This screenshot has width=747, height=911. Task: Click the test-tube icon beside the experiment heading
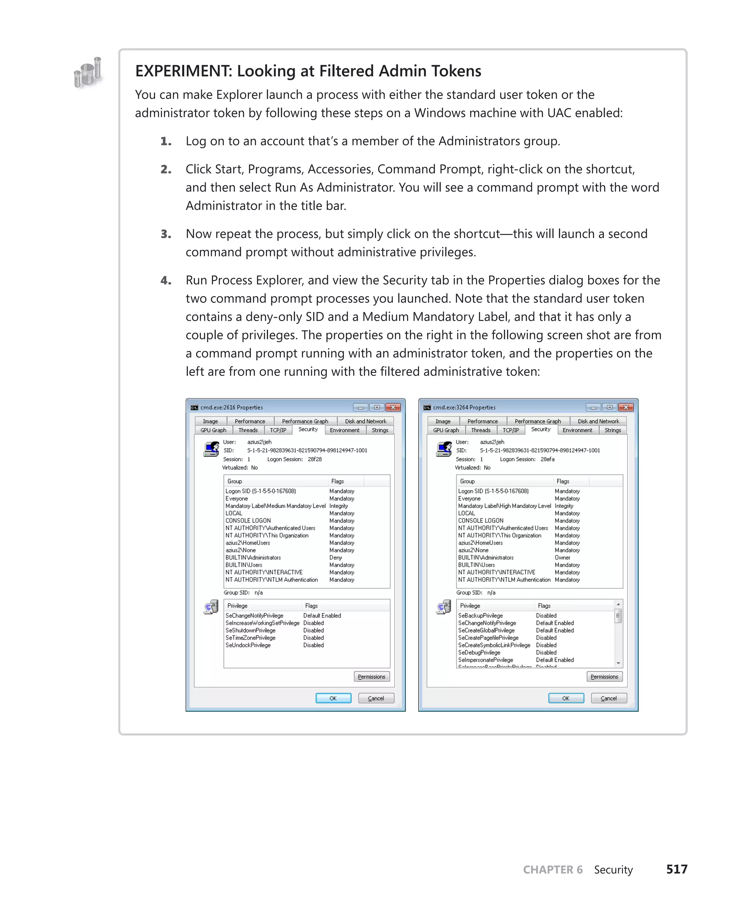coord(88,73)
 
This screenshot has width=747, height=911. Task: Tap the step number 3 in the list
coord(166,234)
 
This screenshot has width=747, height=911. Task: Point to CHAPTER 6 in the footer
coord(553,869)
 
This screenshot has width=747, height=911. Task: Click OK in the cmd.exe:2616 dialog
coord(333,698)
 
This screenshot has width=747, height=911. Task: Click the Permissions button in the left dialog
coord(371,677)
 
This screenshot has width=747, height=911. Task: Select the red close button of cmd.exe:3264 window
coord(626,407)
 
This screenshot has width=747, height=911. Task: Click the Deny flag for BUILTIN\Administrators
coord(336,558)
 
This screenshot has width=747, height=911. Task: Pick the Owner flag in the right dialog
coord(562,558)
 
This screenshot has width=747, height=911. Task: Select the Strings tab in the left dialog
coord(380,430)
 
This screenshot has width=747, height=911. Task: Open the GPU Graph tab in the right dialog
coord(446,430)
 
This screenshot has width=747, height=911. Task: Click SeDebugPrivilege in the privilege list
coord(479,653)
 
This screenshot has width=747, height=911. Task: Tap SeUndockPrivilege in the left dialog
coord(248,645)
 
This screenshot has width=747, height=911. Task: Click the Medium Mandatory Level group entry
coord(275,506)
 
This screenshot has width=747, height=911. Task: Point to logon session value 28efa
coord(547,459)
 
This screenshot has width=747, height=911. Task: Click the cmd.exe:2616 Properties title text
coord(232,407)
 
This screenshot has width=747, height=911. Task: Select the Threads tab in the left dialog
coord(248,430)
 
